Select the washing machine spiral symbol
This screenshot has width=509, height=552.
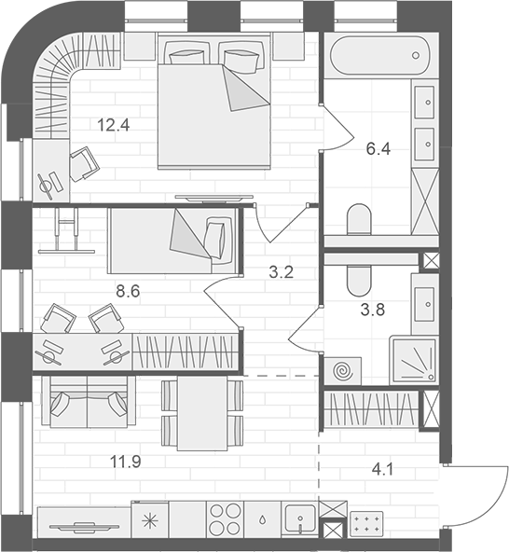point(342,369)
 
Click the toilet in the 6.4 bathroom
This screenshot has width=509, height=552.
point(358,222)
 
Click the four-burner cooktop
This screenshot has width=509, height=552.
point(225,518)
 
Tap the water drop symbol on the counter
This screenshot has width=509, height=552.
point(264,519)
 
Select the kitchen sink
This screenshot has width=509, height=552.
point(300,517)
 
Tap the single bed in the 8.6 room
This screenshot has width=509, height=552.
point(172,241)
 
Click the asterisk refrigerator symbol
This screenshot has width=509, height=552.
point(150,519)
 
